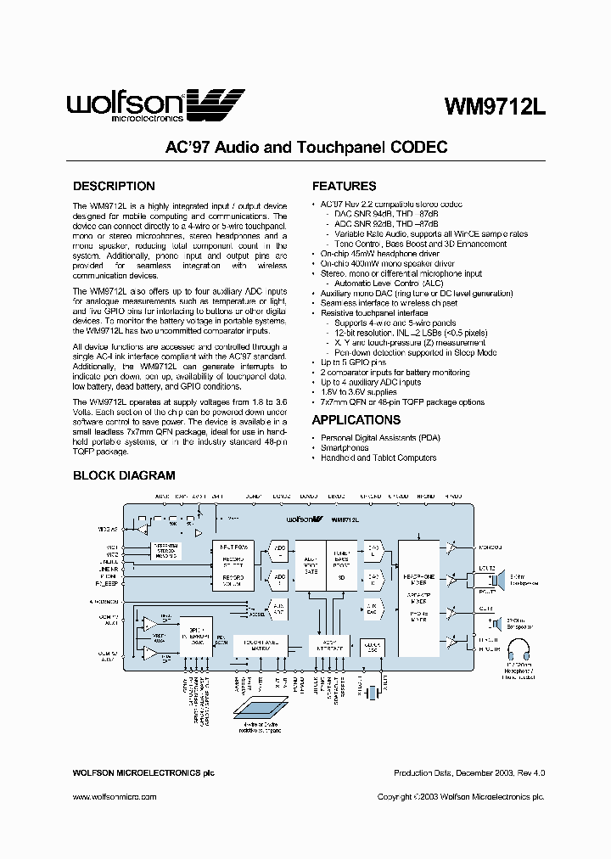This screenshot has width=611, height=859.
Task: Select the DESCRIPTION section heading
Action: coord(114,186)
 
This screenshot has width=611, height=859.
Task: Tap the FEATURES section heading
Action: coord(344,186)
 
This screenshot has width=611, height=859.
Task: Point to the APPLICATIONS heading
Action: coord(356,420)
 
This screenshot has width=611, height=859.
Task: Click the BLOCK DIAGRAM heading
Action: coord(124,475)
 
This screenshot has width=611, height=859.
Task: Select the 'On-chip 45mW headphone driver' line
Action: coord(379,254)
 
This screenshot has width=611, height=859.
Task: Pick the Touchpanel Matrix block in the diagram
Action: coord(261,646)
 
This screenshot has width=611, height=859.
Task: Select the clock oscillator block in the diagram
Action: coord(371,647)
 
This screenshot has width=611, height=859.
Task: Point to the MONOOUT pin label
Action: coord(490,547)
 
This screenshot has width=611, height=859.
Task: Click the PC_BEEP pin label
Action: coord(108,585)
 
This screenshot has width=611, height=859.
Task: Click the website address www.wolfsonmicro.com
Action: coord(114,797)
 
